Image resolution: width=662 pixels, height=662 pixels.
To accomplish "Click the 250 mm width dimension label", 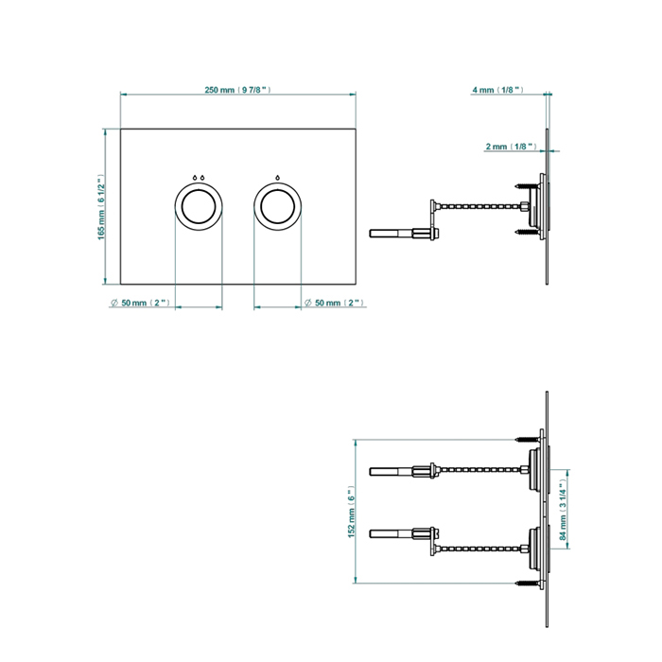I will [237, 90].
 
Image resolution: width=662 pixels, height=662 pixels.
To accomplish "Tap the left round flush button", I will [199, 205].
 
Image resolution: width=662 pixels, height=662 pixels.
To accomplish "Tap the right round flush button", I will [278, 205].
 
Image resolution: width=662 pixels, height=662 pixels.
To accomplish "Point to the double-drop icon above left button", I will [199, 177].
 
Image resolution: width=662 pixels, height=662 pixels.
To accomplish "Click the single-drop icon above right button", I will [278, 177].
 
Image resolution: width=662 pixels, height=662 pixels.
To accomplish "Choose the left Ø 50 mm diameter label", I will [139, 303].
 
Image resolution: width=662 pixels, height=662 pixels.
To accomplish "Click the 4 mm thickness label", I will [497, 90].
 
